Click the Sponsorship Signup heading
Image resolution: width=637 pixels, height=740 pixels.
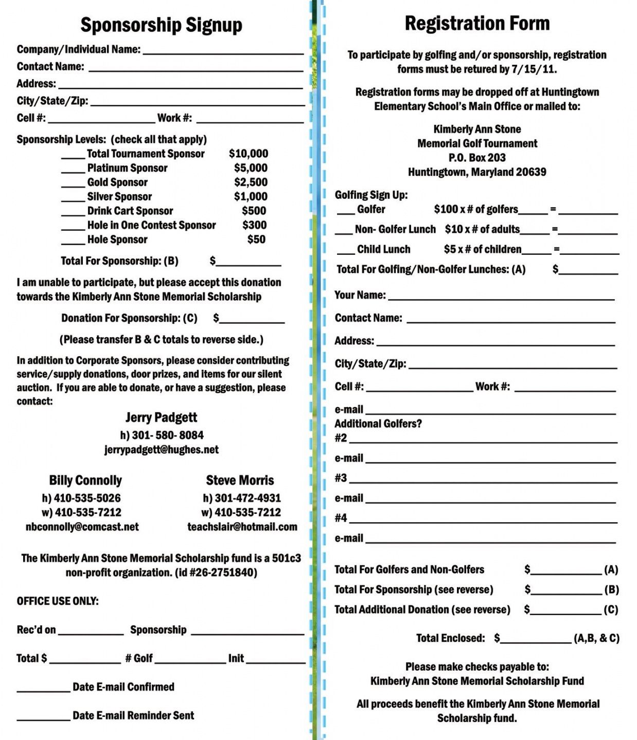[161, 25]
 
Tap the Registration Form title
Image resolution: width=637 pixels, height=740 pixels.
[477, 23]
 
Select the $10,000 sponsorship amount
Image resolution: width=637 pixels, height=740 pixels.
[248, 154]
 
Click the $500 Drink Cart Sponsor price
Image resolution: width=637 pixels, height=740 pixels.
[254, 211]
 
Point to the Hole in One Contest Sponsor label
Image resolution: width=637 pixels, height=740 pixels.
[151, 225]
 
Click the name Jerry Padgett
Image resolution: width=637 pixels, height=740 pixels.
[161, 417]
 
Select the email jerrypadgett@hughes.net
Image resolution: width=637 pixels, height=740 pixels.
[161, 450]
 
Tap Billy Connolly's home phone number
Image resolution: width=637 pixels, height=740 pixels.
[81, 498]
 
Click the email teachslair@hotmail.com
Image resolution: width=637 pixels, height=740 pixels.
[242, 527]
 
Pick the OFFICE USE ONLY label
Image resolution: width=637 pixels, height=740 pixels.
[58, 601]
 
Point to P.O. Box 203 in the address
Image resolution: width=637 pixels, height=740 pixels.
[477, 158]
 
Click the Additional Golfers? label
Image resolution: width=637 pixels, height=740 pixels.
[378, 423]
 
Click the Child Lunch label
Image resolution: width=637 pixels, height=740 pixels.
[383, 249]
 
